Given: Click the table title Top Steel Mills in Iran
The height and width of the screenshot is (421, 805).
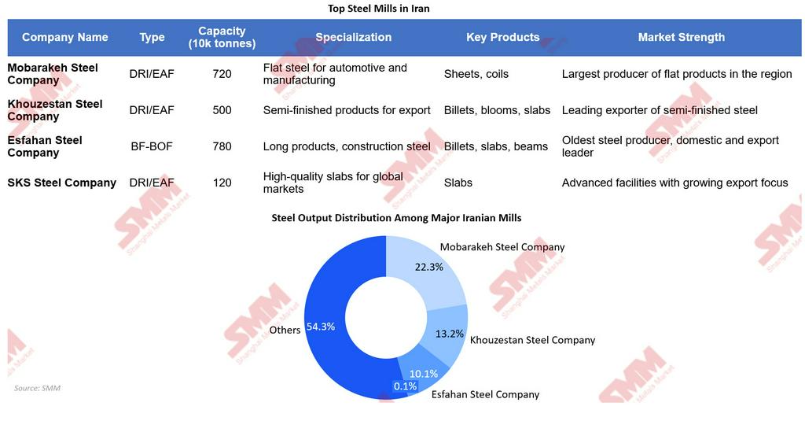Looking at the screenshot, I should (x=379, y=9).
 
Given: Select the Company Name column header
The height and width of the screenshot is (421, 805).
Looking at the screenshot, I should (x=65, y=37).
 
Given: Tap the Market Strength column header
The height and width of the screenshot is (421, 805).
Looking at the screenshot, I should (x=681, y=37).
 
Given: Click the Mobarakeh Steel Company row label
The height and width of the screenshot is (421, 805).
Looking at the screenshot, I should (x=53, y=74).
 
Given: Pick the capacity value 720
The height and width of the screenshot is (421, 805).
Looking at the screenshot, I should (x=222, y=74).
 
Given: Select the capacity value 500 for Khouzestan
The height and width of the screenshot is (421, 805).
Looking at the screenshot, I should (x=222, y=110).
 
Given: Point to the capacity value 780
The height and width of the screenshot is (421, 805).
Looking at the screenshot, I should (x=222, y=146).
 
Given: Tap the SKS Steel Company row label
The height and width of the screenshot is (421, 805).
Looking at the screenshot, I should (x=61, y=183).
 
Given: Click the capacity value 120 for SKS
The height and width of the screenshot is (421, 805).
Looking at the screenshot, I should (x=222, y=183).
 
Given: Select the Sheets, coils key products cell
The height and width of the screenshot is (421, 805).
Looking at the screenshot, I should (x=476, y=74).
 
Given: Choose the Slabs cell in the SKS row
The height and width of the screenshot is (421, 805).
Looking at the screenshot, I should (x=458, y=183).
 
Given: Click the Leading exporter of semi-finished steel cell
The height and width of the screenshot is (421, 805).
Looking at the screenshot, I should (x=660, y=110).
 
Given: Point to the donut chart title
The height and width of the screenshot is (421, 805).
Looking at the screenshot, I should (x=396, y=217).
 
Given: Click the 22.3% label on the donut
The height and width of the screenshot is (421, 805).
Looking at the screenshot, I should (x=429, y=267).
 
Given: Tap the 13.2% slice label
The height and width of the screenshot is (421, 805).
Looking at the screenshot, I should (x=450, y=334).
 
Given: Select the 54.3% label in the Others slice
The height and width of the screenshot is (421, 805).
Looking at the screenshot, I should (x=321, y=327).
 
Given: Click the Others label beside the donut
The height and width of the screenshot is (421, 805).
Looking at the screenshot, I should (x=285, y=331).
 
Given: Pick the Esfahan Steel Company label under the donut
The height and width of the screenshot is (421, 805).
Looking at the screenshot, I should (x=485, y=394).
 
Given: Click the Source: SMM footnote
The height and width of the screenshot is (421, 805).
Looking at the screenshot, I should (x=37, y=388).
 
